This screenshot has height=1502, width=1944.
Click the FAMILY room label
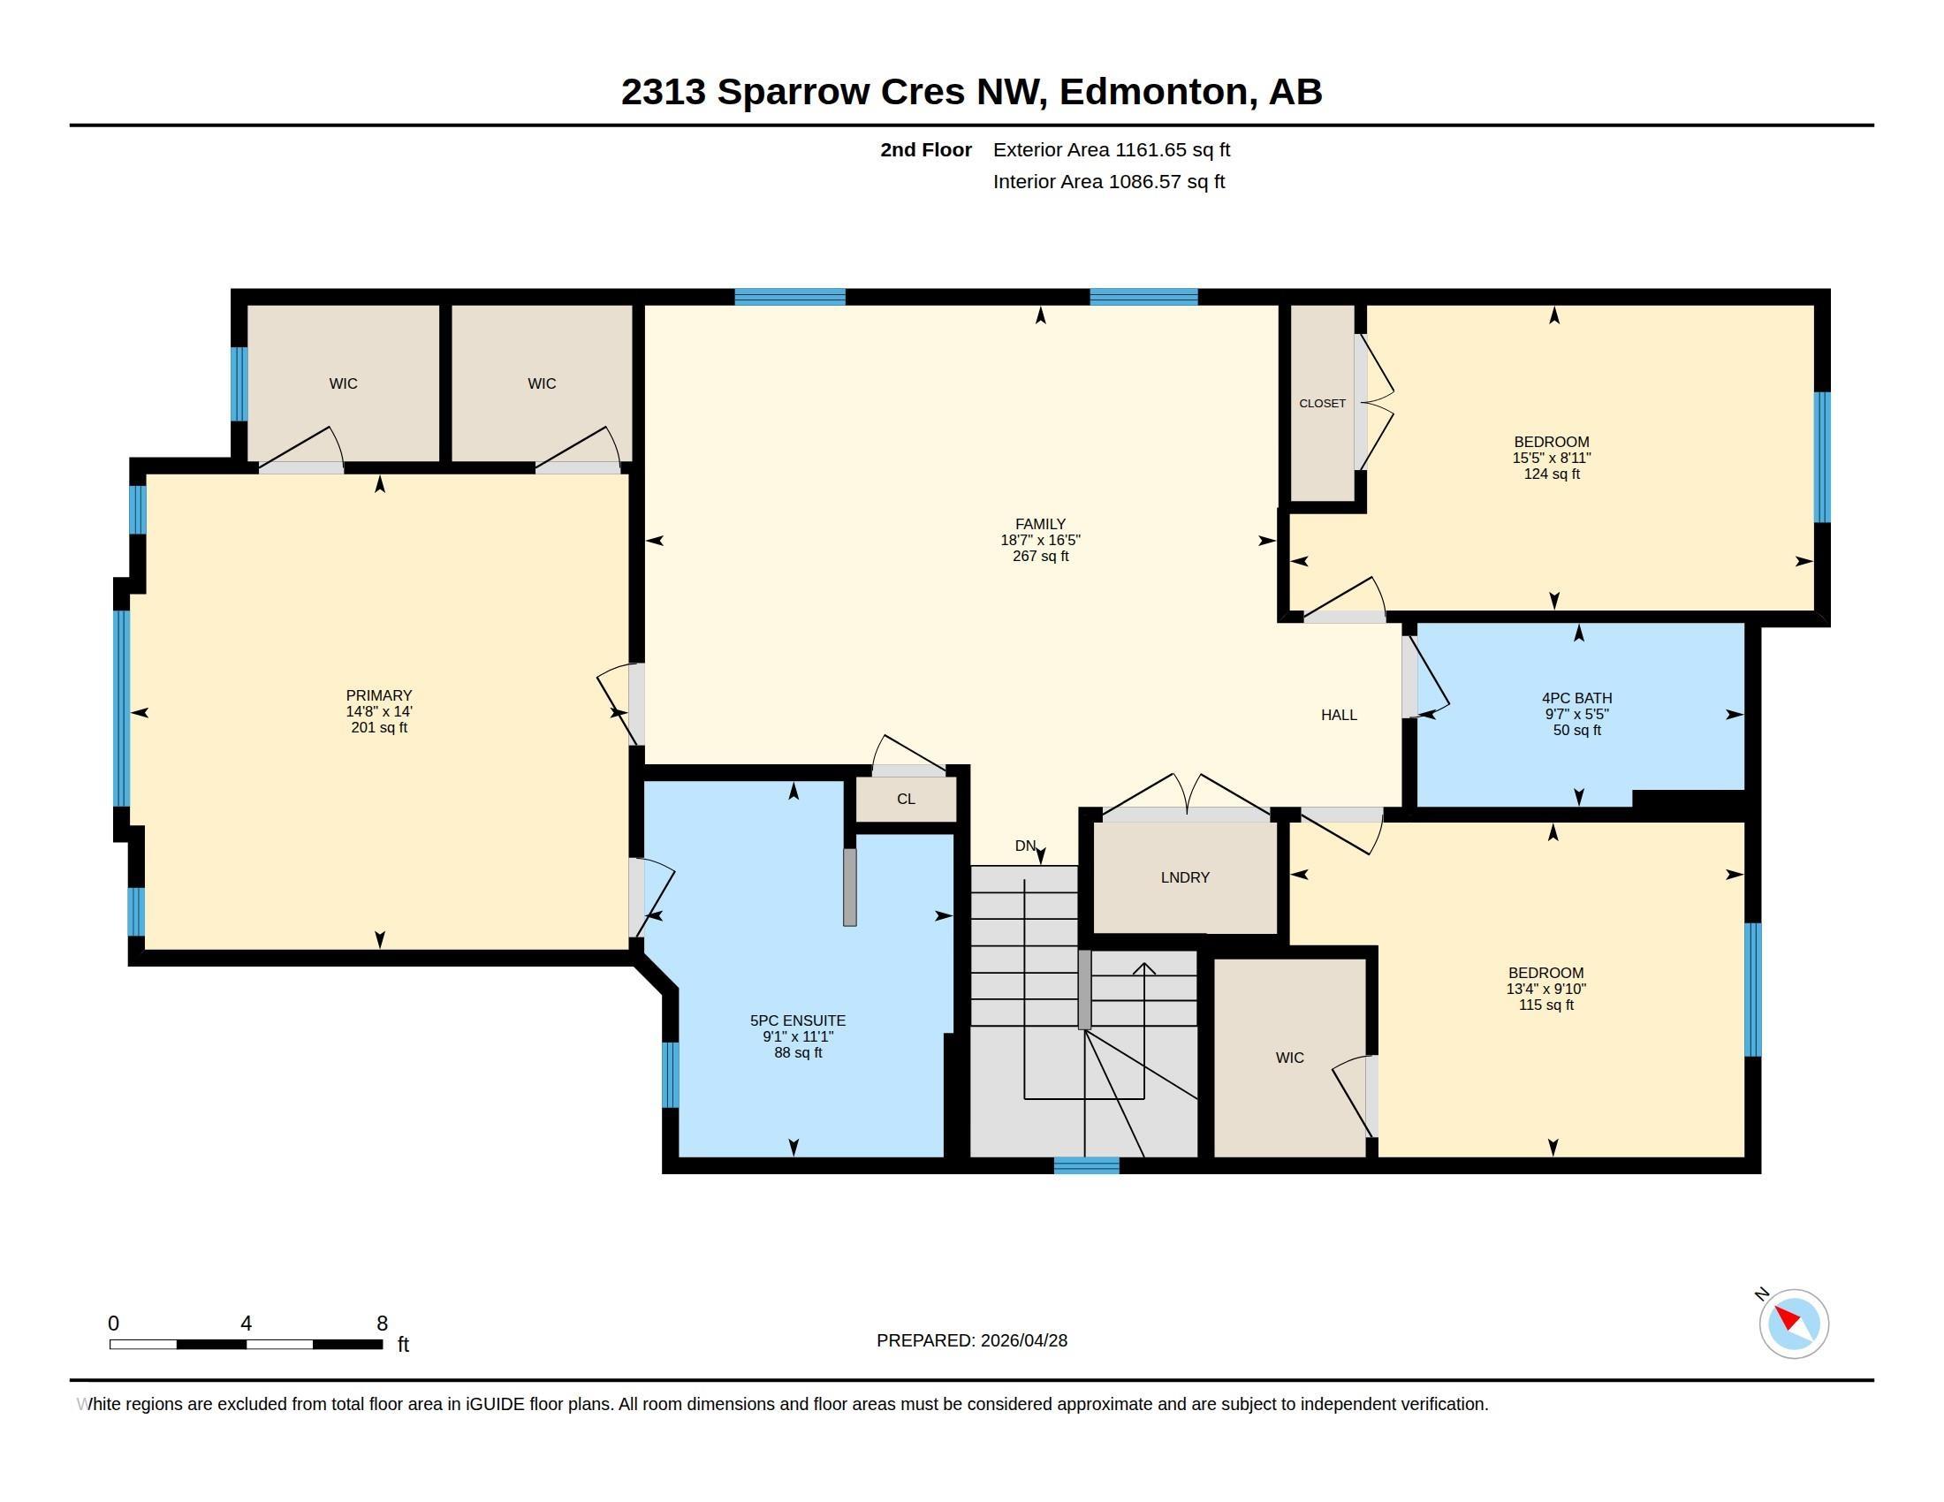pyautogui.click(x=1040, y=524)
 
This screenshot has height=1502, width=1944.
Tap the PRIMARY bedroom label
pyautogui.click(x=379, y=695)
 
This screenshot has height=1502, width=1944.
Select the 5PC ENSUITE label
pyautogui.click(x=798, y=1020)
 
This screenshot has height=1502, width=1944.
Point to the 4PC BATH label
pyautogui.click(x=1576, y=699)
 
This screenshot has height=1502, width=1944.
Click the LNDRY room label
pyautogui.click(x=1185, y=877)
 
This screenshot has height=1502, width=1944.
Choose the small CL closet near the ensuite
pyautogui.click(x=906, y=799)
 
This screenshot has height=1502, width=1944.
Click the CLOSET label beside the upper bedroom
pyautogui.click(x=1322, y=403)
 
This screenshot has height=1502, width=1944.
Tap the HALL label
pyautogui.click(x=1339, y=715)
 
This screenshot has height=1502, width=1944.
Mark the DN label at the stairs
pyautogui.click(x=1025, y=846)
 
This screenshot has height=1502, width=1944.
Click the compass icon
pyautogui.click(x=1794, y=1324)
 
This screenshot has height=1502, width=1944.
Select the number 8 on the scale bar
pyautogui.click(x=382, y=1324)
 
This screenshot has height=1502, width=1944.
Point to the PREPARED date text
pyautogui.click(x=972, y=1340)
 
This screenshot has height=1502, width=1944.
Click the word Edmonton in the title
pyautogui.click(x=1152, y=92)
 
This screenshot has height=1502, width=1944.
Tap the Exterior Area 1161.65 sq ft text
pyautogui.click(x=1112, y=149)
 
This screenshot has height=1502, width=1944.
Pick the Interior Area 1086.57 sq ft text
pyautogui.click(x=1109, y=181)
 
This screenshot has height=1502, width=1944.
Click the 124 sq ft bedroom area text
pyautogui.click(x=1552, y=474)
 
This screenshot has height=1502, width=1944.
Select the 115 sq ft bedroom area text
pyautogui.click(x=1546, y=1005)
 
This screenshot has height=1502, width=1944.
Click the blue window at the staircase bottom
pyautogui.click(x=1086, y=1165)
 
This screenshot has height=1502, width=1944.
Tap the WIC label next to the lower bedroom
pyautogui.click(x=1290, y=1058)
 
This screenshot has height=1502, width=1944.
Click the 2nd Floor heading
pyautogui.click(x=926, y=149)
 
